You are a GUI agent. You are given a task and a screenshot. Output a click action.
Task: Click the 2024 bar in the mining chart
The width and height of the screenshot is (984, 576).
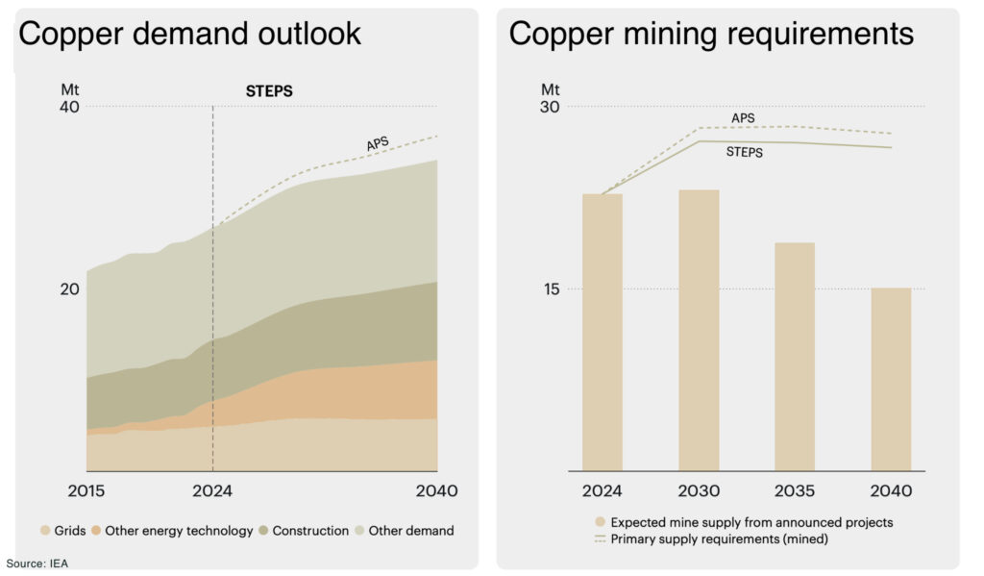click(x=603, y=332)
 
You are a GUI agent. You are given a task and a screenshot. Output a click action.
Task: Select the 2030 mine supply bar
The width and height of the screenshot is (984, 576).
click(x=699, y=330)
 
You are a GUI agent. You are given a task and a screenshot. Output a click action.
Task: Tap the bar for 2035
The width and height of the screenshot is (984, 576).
click(x=795, y=356)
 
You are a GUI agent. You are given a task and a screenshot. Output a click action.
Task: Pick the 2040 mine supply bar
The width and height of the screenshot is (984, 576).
click(x=891, y=379)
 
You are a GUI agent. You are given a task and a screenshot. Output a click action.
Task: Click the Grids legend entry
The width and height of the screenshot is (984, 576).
click(x=63, y=530)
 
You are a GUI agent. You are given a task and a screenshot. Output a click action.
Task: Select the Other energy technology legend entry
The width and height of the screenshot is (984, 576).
click(x=172, y=530)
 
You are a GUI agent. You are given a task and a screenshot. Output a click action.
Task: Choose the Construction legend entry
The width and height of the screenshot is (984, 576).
click(x=303, y=530)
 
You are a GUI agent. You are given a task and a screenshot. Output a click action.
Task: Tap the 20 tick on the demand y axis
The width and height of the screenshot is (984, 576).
click(x=69, y=288)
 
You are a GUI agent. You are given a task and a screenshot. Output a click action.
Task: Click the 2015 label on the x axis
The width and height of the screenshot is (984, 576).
click(x=87, y=490)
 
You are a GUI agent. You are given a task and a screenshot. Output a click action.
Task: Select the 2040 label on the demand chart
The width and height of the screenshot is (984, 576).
click(x=437, y=490)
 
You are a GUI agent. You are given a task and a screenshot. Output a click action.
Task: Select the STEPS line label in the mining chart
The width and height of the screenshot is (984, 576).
click(x=745, y=152)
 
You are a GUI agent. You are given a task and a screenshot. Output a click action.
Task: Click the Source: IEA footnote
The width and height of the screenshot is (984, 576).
click(x=37, y=563)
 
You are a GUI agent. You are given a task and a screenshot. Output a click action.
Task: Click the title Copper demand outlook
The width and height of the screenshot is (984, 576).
click(x=190, y=34)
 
